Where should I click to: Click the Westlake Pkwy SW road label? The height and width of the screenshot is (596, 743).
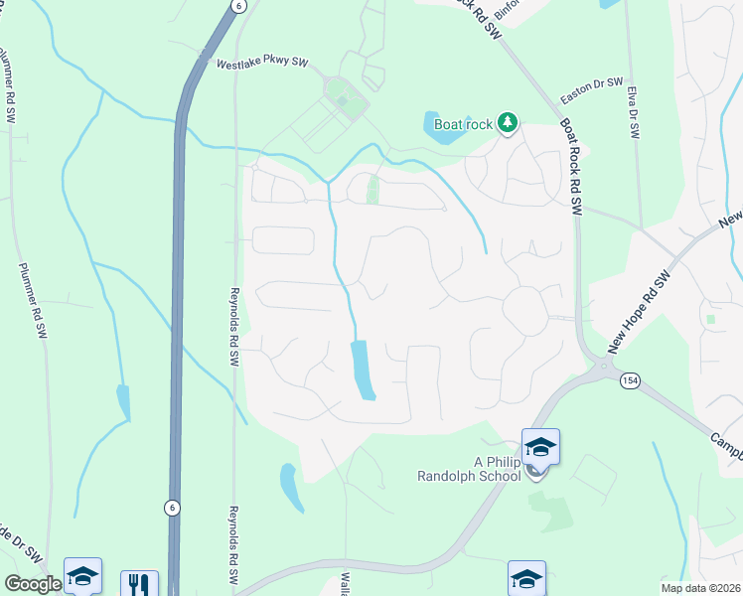coord(263,64)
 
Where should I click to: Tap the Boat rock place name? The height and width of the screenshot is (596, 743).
coord(463,124)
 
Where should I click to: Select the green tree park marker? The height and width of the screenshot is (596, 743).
coord(509,122)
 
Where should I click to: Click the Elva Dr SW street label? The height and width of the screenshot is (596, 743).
coord(631,111)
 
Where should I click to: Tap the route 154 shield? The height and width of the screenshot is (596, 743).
coord(630,380)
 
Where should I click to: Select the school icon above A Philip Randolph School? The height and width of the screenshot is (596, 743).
coord(540,447)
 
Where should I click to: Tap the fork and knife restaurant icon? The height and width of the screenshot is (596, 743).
coord(139,584)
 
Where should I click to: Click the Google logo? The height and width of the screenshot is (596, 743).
coord(32,584)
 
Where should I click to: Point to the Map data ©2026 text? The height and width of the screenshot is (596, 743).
coord(699,588)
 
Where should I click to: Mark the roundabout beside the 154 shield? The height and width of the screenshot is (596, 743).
coord(603,371)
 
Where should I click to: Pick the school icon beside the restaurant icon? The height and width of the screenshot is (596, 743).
coord(82,577)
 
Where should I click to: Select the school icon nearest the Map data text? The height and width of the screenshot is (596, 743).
coord(526,579)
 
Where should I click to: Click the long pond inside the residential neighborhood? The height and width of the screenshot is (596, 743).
coord(363,370)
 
